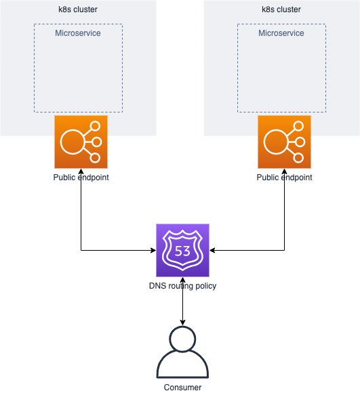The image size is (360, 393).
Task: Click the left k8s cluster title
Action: click(x=78, y=9)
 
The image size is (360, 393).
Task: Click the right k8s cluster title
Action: click(x=281, y=9)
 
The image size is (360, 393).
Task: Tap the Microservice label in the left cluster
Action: click(x=78, y=33)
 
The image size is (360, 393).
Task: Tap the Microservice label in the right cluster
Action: click(x=281, y=33)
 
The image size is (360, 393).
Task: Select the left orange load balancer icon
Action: click(x=81, y=142)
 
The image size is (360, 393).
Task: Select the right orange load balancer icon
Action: click(x=284, y=142)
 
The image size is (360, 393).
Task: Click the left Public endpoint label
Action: click(x=81, y=178)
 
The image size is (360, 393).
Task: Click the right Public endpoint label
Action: click(x=284, y=178)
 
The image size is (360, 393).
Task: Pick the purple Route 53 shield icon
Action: click(x=182, y=250)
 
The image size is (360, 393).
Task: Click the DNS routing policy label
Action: click(x=182, y=286)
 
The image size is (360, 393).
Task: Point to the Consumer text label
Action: click(x=182, y=388)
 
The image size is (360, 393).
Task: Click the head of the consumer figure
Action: click(x=182, y=339)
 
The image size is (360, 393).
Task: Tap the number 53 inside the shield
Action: click(x=182, y=251)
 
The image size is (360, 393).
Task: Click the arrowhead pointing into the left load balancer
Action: click(x=81, y=171)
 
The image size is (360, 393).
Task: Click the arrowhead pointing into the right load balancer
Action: click(x=284, y=171)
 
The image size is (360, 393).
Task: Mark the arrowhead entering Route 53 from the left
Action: click(x=153, y=250)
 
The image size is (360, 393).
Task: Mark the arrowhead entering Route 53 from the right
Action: click(x=212, y=250)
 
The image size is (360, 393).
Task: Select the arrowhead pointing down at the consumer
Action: click(x=182, y=323)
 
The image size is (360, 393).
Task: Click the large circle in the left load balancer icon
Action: click(x=72, y=142)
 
